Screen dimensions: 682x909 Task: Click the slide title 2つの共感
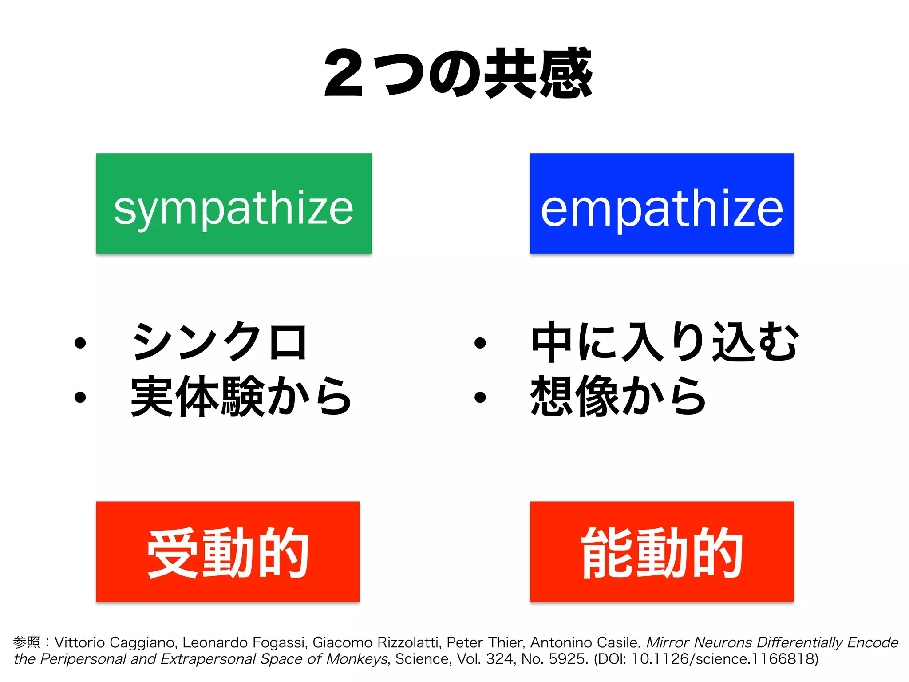(458, 73)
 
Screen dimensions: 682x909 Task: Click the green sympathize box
(234, 203)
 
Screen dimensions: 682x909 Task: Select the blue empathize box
(661, 203)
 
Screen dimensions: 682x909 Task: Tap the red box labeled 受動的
(228, 551)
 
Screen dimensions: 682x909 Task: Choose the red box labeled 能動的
(661, 551)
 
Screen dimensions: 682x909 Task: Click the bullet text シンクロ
(219, 341)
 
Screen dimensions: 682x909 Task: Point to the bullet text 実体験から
(241, 396)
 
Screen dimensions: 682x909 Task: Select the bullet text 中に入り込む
(664, 341)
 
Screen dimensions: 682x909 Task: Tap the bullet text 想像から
(618, 396)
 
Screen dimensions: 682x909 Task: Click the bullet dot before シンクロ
(80, 343)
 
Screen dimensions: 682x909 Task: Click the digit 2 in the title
(344, 73)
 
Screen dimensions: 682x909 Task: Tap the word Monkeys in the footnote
(357, 659)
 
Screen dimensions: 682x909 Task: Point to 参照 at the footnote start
(26, 642)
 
